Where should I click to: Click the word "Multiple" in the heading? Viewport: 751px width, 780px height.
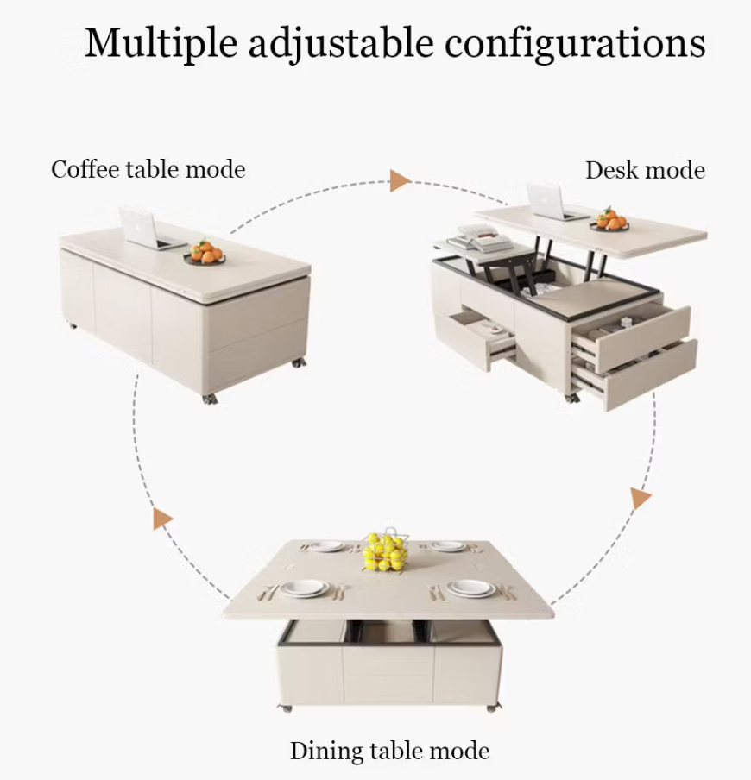click(161, 44)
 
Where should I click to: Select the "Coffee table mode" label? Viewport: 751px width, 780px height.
click(148, 170)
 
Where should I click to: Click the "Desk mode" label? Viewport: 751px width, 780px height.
click(645, 170)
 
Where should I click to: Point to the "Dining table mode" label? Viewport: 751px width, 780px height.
click(389, 751)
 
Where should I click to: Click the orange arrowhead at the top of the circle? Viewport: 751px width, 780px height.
click(400, 180)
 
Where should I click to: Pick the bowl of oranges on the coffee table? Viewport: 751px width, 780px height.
click(205, 253)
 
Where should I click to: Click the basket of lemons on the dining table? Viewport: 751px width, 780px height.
click(385, 550)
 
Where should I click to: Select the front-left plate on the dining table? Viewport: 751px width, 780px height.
click(304, 588)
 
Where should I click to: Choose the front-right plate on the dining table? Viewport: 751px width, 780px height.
click(470, 588)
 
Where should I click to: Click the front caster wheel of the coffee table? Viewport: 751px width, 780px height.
click(209, 399)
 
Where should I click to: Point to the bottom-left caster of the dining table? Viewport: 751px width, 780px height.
click(286, 708)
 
